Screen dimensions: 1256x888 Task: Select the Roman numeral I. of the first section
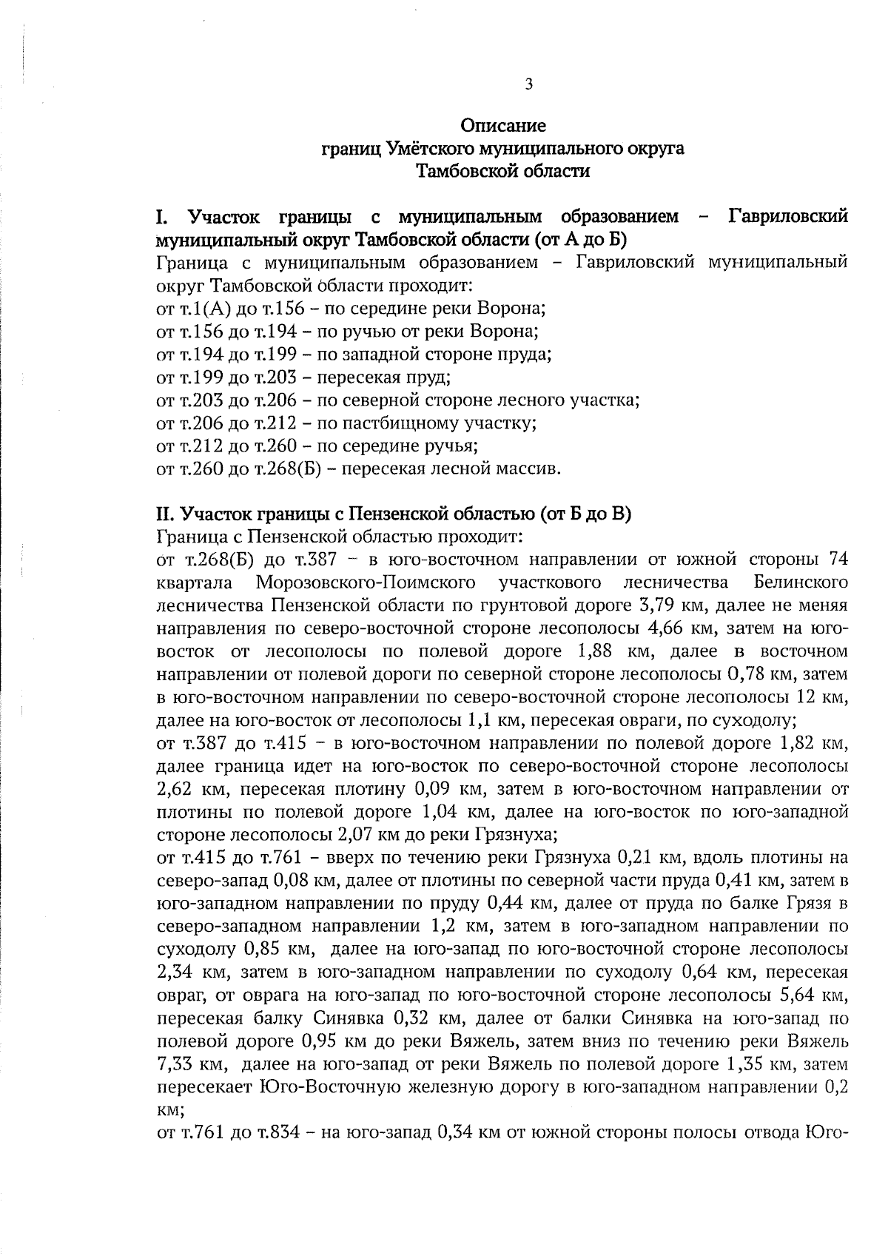pos(161,218)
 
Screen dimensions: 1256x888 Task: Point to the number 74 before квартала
pos(838,559)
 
